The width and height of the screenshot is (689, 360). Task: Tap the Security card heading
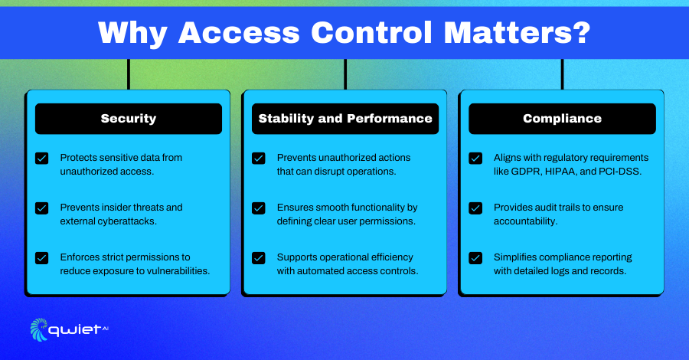pyautogui.click(x=129, y=119)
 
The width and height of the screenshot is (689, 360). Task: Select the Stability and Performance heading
pyautogui.click(x=345, y=119)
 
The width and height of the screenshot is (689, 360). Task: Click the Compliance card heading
pyautogui.click(x=562, y=119)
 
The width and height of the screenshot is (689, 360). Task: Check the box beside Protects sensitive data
pyautogui.click(x=42, y=159)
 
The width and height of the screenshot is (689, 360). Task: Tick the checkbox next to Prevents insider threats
pyautogui.click(x=42, y=208)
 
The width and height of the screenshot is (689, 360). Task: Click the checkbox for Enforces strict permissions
pyautogui.click(x=42, y=257)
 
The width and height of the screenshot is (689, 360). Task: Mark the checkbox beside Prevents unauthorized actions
pyautogui.click(x=259, y=159)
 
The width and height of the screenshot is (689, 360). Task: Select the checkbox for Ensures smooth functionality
pyautogui.click(x=259, y=208)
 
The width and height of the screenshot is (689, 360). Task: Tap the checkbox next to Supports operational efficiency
pyautogui.click(x=259, y=257)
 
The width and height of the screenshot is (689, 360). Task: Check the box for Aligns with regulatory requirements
pyautogui.click(x=475, y=159)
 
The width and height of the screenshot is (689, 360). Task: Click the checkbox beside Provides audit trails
pyautogui.click(x=475, y=208)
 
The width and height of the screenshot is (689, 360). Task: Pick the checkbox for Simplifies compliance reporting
pyautogui.click(x=475, y=257)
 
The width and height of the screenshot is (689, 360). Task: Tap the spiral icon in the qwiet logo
pyautogui.click(x=39, y=329)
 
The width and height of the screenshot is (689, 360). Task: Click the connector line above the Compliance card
pyautogui.click(x=562, y=74)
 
